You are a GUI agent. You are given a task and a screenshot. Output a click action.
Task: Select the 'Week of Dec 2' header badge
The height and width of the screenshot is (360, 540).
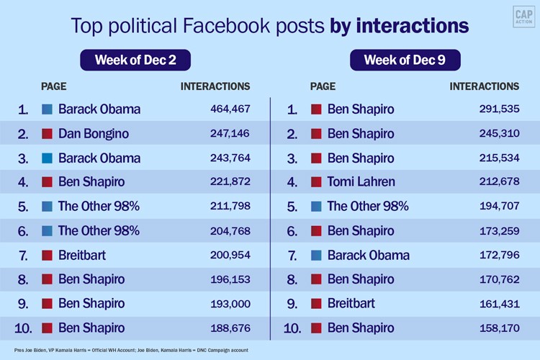point(135,60)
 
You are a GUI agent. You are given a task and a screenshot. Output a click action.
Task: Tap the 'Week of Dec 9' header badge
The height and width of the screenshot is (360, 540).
point(403,60)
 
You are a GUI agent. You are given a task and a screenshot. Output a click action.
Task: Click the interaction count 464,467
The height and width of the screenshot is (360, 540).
point(226,109)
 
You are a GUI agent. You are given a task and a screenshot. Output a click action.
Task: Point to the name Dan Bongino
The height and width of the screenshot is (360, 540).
point(94,134)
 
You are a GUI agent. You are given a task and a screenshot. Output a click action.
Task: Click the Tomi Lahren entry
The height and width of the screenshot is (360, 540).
point(361,182)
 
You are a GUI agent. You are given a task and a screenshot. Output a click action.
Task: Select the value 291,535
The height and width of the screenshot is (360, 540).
point(495,109)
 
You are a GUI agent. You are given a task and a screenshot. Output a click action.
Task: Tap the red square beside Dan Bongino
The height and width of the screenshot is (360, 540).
point(48,134)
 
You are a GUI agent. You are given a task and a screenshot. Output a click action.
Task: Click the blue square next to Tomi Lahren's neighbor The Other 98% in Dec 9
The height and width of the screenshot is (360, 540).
point(316,207)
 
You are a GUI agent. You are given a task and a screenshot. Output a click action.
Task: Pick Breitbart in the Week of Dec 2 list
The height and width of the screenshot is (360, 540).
point(83,255)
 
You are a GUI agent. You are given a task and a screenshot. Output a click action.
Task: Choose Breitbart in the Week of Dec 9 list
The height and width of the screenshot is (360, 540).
point(351,304)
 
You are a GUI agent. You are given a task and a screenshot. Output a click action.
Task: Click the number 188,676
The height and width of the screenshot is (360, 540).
point(226,328)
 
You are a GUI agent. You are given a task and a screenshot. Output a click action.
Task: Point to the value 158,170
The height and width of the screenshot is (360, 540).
point(495,328)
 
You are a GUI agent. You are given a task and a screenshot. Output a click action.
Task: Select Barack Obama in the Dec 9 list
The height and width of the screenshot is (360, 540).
point(368,255)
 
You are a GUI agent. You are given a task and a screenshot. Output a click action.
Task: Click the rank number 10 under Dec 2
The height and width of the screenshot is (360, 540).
point(23,328)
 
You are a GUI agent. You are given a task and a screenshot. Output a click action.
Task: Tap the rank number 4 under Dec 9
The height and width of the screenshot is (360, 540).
point(292,182)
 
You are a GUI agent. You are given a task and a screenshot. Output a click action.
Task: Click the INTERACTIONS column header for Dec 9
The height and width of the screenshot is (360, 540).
point(484,86)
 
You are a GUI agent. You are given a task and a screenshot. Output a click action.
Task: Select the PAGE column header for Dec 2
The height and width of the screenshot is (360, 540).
point(54,86)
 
